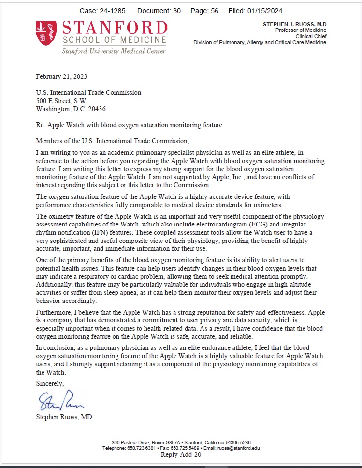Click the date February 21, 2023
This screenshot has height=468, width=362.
click(61, 76)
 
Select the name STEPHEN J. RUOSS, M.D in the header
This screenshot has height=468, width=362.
click(294, 24)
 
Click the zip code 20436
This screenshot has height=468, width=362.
click(96, 109)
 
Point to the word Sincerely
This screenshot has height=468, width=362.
click(50, 383)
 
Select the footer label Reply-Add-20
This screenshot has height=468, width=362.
click(181, 455)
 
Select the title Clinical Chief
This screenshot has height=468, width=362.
click(308, 36)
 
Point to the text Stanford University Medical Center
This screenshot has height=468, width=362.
click(114, 51)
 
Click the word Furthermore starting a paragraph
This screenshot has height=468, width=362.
click(55, 313)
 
